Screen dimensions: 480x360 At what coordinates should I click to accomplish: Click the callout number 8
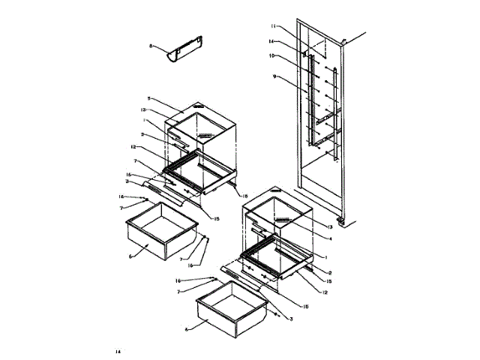click(151, 46)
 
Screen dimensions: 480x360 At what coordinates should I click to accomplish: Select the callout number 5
click(149, 99)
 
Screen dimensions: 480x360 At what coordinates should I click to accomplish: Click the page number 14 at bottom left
click(118, 351)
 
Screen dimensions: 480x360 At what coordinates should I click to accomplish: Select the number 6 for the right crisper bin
click(187, 328)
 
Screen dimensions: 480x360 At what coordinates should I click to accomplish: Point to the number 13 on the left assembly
click(153, 110)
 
